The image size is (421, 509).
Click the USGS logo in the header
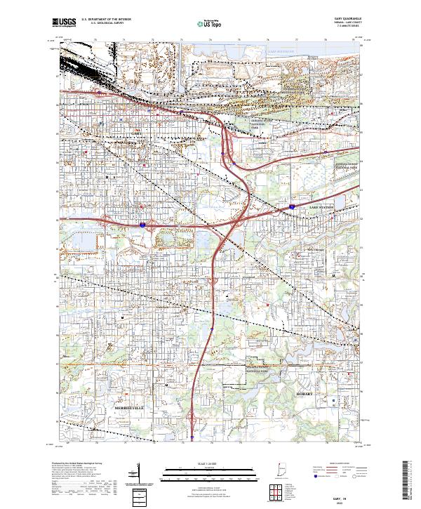click(65, 22)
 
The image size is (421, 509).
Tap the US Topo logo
click(211, 23)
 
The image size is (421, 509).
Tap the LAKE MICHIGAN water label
click(280, 51)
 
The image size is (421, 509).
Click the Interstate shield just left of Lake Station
click(291, 208)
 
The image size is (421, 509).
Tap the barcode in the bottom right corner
click(410, 480)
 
